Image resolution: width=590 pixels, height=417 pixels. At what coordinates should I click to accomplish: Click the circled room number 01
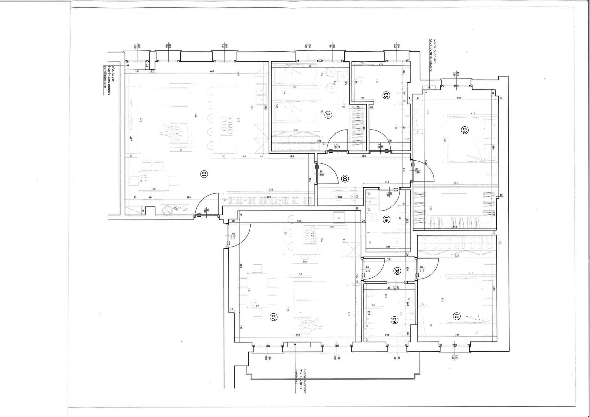tap(204, 174)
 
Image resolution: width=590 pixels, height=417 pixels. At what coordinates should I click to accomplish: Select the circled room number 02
tap(345, 179)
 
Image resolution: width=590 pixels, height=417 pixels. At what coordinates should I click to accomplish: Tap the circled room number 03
tap(465, 130)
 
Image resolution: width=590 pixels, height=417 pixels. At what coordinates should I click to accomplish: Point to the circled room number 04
tap(327, 115)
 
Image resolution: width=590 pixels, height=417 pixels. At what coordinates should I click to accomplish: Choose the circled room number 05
tap(386, 95)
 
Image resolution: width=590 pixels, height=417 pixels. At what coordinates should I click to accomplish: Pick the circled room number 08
tap(397, 271)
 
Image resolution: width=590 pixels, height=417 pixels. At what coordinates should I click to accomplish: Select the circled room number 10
tap(456, 316)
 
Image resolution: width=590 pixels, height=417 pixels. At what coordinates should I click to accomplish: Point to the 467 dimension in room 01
tap(212, 71)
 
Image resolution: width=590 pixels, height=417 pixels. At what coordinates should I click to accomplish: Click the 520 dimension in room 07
tap(298, 335)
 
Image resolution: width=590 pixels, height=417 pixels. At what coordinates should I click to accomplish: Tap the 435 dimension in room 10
tap(494, 288)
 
